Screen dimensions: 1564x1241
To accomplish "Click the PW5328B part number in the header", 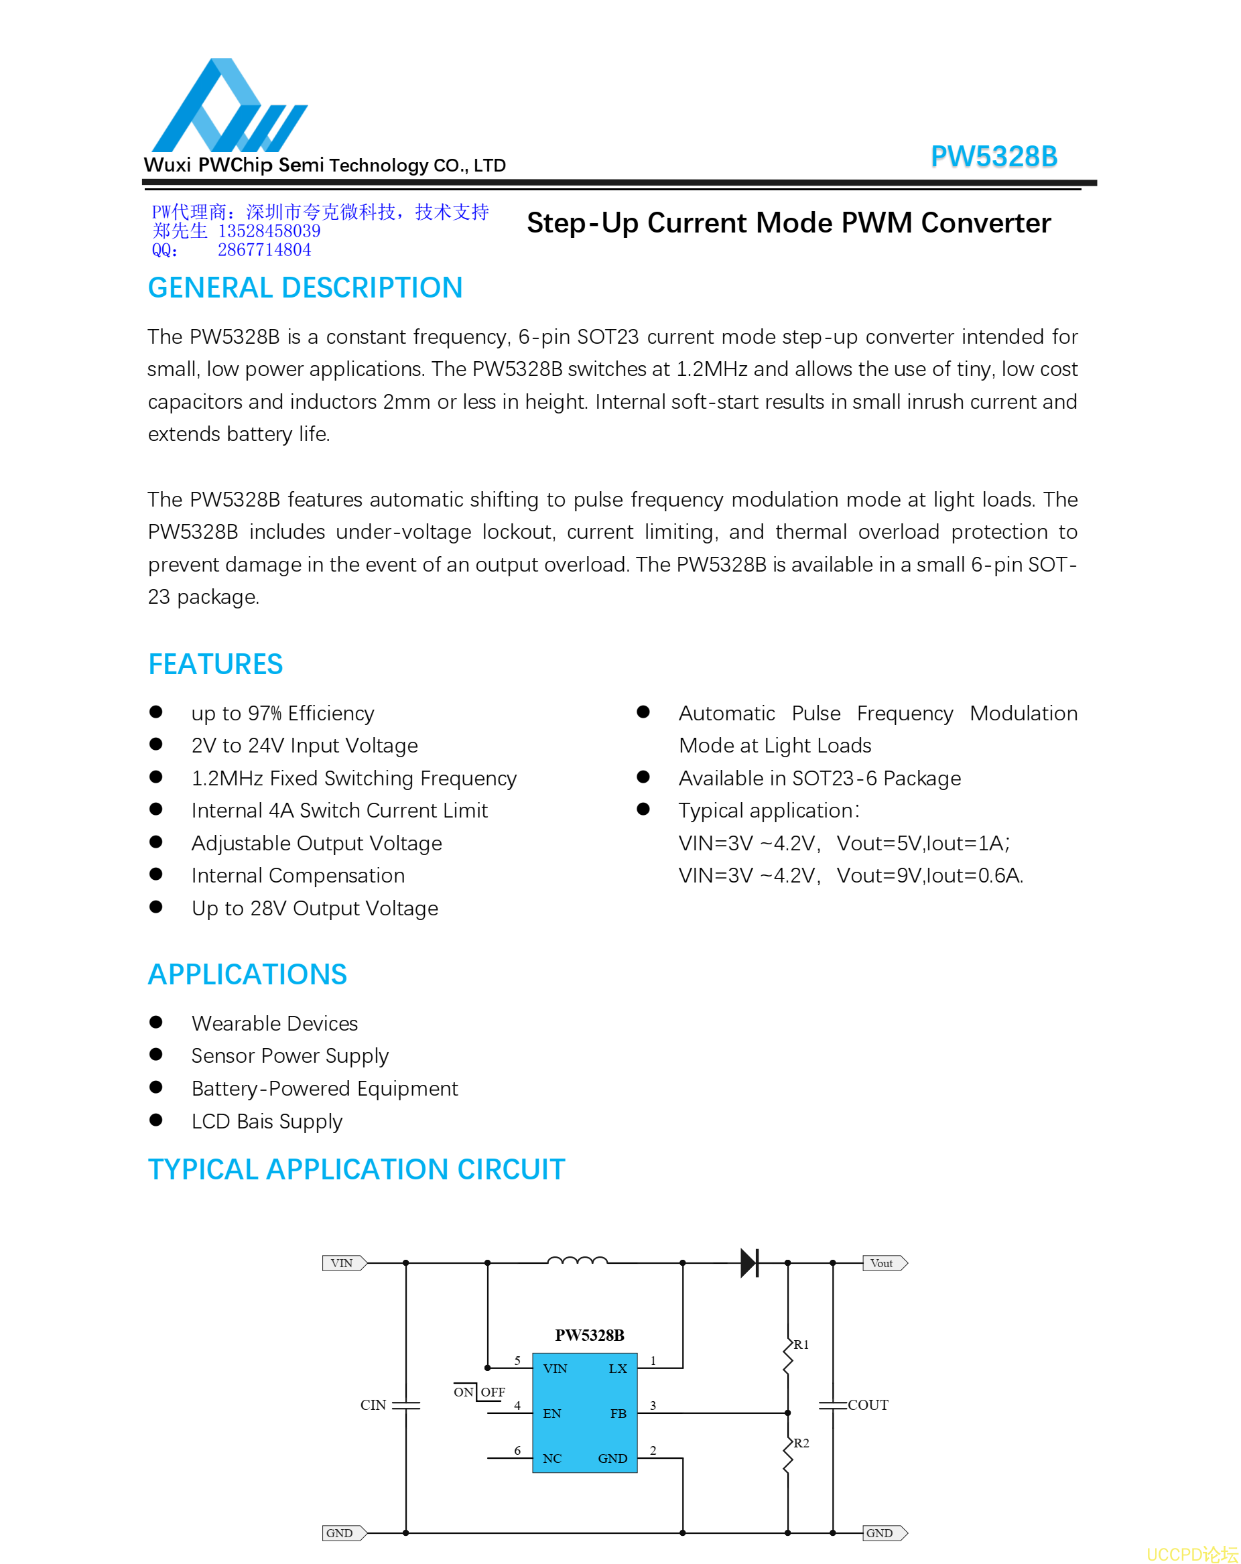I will coord(993,157).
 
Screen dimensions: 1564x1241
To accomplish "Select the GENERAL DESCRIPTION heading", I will coord(305,288).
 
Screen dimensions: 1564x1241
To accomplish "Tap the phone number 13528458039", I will coord(269,231).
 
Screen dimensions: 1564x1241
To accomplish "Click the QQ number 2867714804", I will coord(264,250).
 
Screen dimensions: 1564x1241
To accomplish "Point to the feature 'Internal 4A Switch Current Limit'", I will coord(338,810).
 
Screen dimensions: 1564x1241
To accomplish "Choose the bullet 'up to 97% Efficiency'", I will coord(282,713).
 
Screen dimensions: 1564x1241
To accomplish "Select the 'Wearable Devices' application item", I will coord(274,1023).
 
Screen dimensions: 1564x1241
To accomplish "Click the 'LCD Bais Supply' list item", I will coord(266,1122).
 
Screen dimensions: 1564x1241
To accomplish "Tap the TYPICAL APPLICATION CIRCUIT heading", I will coord(356,1169).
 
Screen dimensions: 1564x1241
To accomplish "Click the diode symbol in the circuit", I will coord(749,1263).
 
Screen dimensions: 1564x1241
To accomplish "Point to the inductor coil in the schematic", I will coord(577,1260).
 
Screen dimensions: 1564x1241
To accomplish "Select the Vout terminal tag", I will coord(883,1263).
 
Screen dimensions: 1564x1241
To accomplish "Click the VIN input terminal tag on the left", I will coord(343,1263).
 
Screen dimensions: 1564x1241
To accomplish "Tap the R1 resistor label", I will coord(801,1345).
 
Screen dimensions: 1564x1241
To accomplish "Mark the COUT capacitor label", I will coord(868,1405).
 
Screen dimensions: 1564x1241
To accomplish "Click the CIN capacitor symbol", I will coord(405,1405).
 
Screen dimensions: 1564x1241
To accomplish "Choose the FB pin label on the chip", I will coord(618,1414).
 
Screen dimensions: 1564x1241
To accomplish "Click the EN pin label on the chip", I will coord(552,1414).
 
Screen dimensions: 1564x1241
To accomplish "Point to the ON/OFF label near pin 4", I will coord(478,1392).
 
